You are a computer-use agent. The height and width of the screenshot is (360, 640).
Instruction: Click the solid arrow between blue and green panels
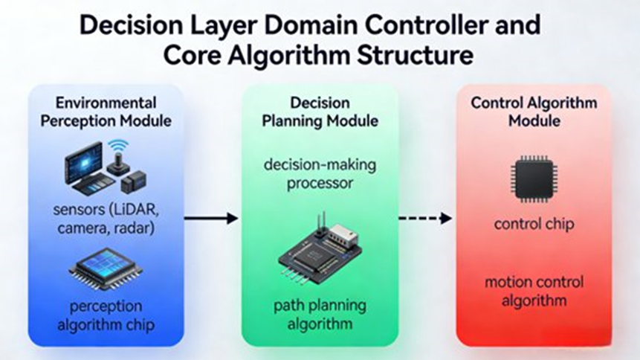[211, 218]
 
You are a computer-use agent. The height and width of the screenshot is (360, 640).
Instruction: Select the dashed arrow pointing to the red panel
[425, 218]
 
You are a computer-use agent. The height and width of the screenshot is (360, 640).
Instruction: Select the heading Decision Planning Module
[320, 111]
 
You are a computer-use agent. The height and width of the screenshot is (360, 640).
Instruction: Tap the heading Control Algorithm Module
[534, 111]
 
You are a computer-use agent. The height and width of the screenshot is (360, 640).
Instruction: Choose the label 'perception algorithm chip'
[106, 315]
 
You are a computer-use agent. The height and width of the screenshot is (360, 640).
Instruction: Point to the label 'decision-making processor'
[320, 173]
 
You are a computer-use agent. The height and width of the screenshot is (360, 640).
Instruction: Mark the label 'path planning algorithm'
[320, 315]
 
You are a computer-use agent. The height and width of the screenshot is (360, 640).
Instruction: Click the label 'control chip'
[533, 223]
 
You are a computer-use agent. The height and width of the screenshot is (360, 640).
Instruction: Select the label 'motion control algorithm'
[534, 292]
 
